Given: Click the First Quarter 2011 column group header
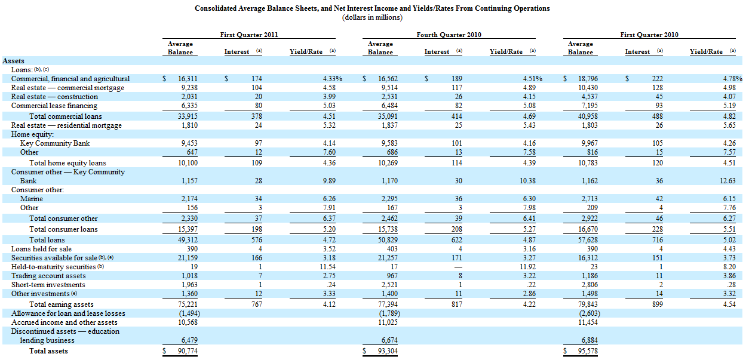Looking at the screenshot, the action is (x=249, y=35).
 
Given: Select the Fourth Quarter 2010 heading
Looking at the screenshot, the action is (x=449, y=35).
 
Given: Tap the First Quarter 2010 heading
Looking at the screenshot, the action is (x=649, y=35).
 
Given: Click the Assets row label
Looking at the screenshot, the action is (x=13, y=61).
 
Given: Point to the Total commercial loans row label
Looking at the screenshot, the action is (x=66, y=116).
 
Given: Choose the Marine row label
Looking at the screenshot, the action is (x=31, y=199).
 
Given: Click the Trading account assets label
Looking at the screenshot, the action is (x=48, y=276).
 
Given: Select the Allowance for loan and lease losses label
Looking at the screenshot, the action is (x=68, y=313).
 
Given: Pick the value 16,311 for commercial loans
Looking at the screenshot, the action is (x=188, y=79).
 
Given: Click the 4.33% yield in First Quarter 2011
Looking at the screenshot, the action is (x=332, y=79).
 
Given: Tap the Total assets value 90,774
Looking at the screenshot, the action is (x=188, y=351).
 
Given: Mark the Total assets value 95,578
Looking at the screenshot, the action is (x=588, y=351).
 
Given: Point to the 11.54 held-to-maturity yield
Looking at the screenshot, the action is (x=327, y=267).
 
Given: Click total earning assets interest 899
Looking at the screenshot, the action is (x=658, y=304).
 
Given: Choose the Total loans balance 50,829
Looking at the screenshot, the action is (x=388, y=240).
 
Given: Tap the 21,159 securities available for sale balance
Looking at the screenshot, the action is (x=188, y=258).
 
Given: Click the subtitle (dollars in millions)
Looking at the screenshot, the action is (x=372, y=17).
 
